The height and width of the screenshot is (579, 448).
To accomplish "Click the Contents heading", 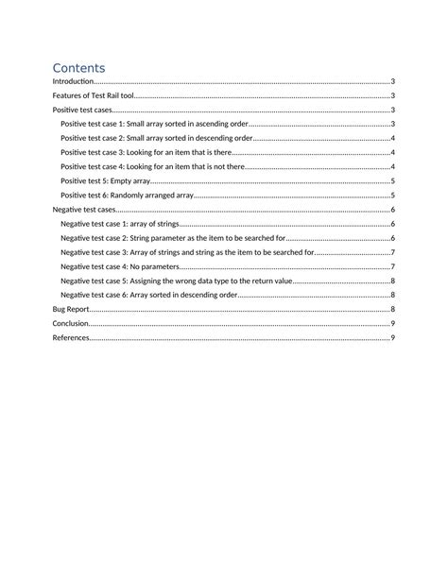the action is (x=78, y=68).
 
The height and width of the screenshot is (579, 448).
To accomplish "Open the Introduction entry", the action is (x=73, y=82).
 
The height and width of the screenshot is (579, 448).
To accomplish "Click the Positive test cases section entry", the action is (x=82, y=111).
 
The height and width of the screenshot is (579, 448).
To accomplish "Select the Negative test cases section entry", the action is (x=84, y=210).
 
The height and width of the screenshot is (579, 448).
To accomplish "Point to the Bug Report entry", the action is (x=71, y=309).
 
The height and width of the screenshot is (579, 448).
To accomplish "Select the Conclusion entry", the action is (x=70, y=323).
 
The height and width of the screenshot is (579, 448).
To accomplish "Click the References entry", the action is (x=71, y=337).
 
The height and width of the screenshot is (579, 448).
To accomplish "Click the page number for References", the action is (x=392, y=337).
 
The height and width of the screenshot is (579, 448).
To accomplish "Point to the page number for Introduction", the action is (x=392, y=82).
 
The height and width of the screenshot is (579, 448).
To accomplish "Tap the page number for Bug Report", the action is (x=392, y=309).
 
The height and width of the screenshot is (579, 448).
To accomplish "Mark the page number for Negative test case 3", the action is (x=392, y=252).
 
